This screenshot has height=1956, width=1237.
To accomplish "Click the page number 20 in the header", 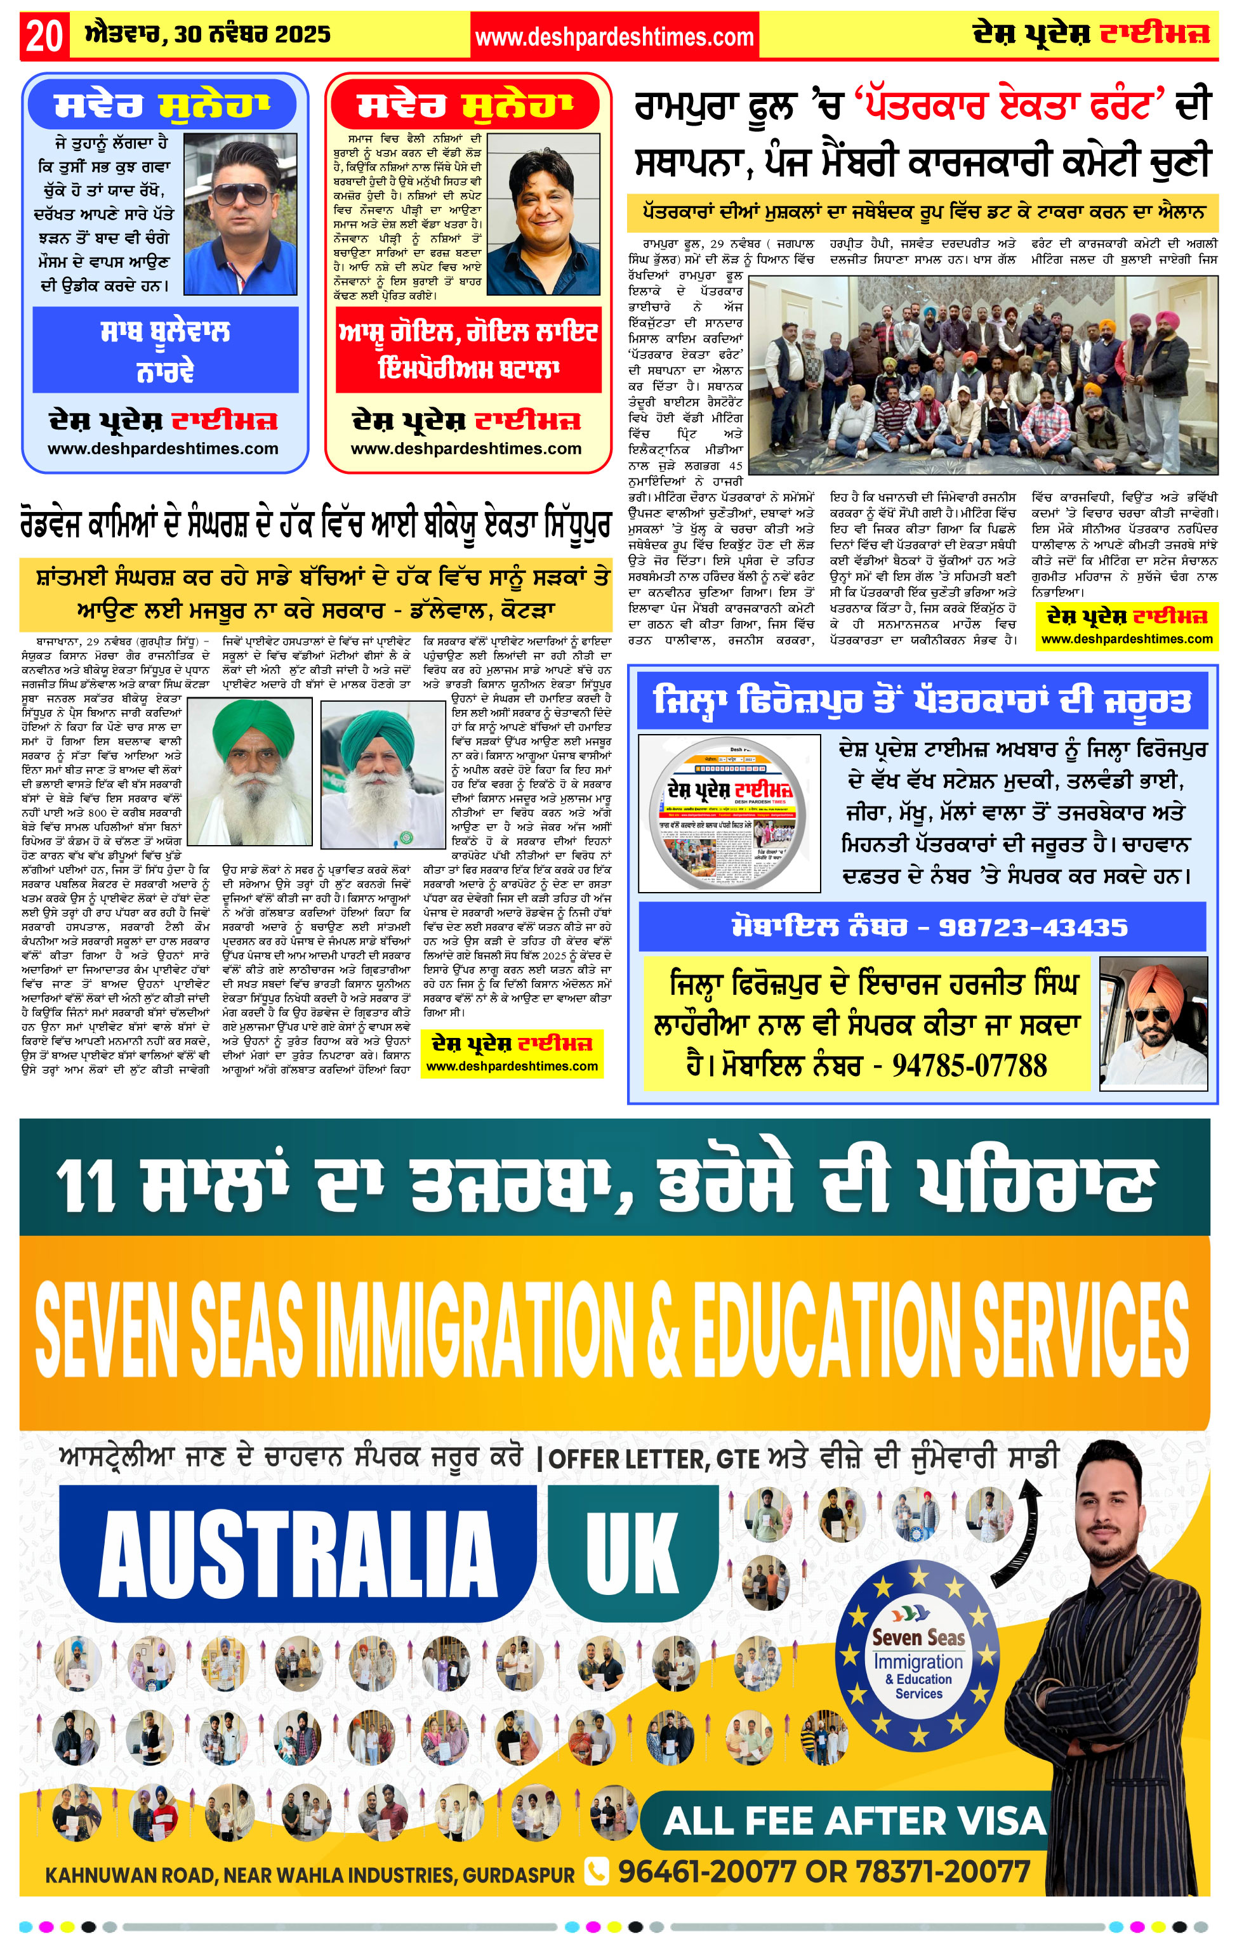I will [x=44, y=36].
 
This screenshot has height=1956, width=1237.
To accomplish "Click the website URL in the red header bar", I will [x=614, y=37].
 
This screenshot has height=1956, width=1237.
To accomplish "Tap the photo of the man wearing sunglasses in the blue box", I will [x=240, y=214].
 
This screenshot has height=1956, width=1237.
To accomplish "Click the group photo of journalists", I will [x=982, y=374].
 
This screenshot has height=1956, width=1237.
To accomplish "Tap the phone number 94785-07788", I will [x=969, y=1065].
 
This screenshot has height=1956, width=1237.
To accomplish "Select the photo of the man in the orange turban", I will [x=1153, y=1023].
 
